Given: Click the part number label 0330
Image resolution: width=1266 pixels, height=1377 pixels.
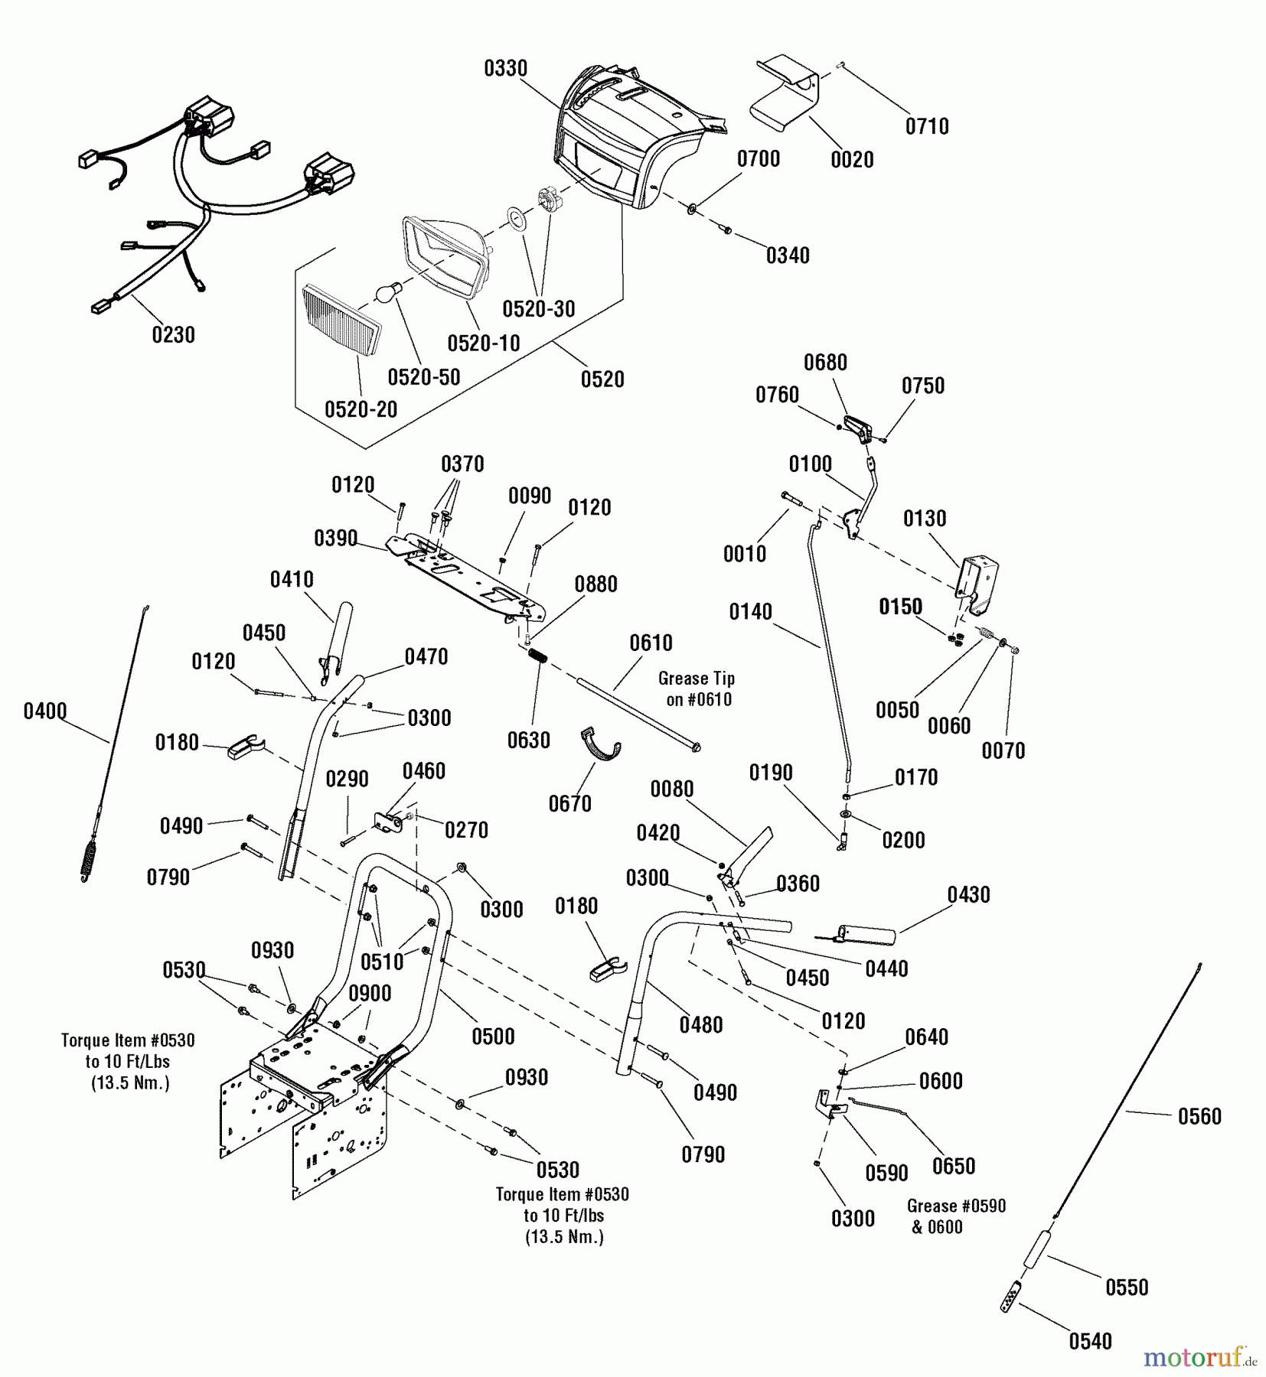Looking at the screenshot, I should click(505, 69).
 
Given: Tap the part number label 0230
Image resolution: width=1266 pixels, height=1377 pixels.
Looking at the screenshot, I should click(173, 334).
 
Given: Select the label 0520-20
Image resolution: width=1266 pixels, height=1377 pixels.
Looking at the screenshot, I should click(361, 409).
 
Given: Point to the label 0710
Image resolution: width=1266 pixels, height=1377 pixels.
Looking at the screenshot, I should click(927, 126).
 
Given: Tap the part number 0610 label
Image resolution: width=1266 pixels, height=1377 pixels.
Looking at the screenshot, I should click(651, 643).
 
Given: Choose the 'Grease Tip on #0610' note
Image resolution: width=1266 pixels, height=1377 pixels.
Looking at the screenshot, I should click(697, 688).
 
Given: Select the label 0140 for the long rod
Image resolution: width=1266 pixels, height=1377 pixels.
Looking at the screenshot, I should click(750, 611).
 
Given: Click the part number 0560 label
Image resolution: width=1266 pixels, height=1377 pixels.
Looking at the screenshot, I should click(1199, 1116).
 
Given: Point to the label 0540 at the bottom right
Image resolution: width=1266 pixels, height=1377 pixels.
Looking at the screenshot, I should click(1090, 1341).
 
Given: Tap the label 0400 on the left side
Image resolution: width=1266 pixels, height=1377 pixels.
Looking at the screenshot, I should click(45, 711).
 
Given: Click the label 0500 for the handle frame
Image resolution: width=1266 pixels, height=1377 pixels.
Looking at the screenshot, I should click(493, 1037).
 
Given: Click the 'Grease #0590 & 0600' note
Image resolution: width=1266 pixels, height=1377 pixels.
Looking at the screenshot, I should click(956, 1216).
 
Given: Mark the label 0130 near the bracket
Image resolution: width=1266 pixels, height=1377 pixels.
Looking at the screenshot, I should click(925, 519).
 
